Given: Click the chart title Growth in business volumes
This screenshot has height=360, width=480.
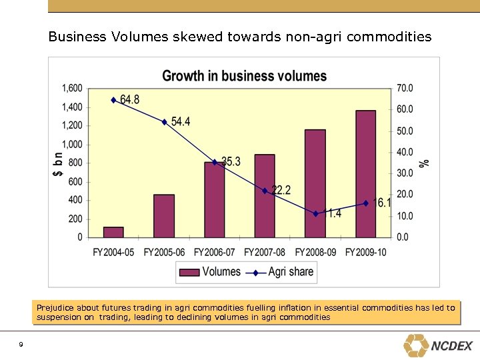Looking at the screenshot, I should [x=244, y=75].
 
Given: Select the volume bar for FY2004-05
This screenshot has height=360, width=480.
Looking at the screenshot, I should [x=113, y=232].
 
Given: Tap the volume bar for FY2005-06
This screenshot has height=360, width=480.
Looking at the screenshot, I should [x=164, y=216].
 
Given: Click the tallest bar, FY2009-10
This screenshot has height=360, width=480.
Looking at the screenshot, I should [x=365, y=174].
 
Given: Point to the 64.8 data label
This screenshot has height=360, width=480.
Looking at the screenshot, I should [x=129, y=100].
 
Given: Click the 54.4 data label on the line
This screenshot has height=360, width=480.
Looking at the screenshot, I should [x=181, y=121].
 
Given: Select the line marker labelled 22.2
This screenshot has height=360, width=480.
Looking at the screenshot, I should [x=265, y=191].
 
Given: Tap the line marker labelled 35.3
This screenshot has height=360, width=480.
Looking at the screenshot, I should [x=215, y=162].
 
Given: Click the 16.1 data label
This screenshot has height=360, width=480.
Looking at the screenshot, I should [x=384, y=203].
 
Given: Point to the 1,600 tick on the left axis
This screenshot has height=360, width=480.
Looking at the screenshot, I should [x=72, y=88].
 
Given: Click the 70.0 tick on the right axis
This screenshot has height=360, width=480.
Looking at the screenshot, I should [x=405, y=88].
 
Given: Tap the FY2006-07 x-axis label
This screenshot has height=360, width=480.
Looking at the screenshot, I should [x=215, y=252].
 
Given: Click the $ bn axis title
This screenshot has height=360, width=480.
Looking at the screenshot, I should [x=58, y=163].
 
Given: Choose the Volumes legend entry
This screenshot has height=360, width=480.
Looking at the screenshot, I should [x=210, y=272].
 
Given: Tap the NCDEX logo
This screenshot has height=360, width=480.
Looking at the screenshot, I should [x=438, y=345].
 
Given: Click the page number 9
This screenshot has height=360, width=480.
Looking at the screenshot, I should [x=21, y=344].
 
